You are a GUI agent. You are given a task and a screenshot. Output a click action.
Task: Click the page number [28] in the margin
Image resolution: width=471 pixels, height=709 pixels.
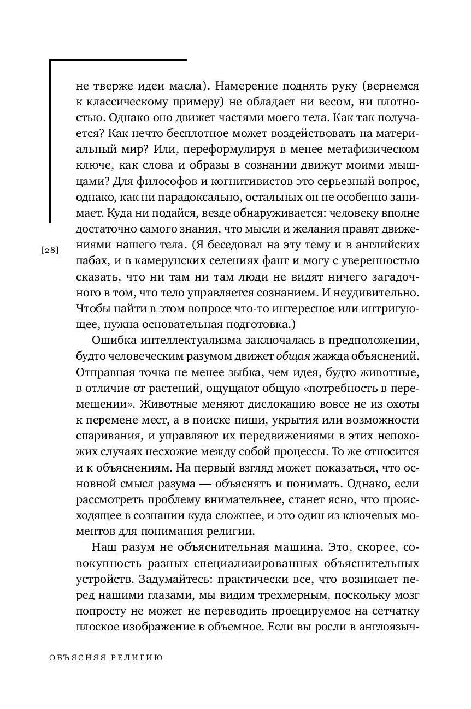50,250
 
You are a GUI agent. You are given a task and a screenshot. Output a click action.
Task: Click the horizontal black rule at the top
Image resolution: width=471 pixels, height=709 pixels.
118,61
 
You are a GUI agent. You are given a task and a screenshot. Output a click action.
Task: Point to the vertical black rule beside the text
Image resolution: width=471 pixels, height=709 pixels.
50,142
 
